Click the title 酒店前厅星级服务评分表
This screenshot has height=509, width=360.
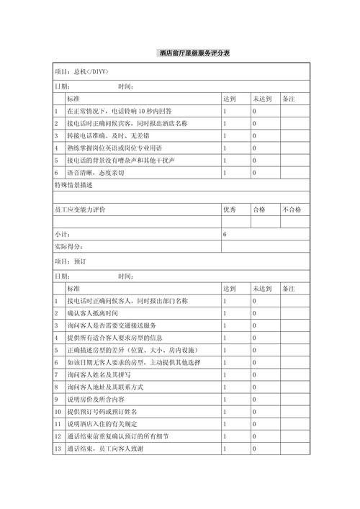pos(194,55)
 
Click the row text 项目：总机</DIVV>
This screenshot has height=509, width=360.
pos(81,73)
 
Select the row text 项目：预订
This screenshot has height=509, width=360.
pos(71,261)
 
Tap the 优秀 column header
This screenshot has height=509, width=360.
pos(230,209)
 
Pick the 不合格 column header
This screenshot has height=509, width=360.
pos(292,209)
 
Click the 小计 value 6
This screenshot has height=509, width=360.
pos(225,235)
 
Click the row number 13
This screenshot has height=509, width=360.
pos(58,449)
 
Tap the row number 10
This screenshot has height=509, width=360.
pos(58,411)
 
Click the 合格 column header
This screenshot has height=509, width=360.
pos(258,209)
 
